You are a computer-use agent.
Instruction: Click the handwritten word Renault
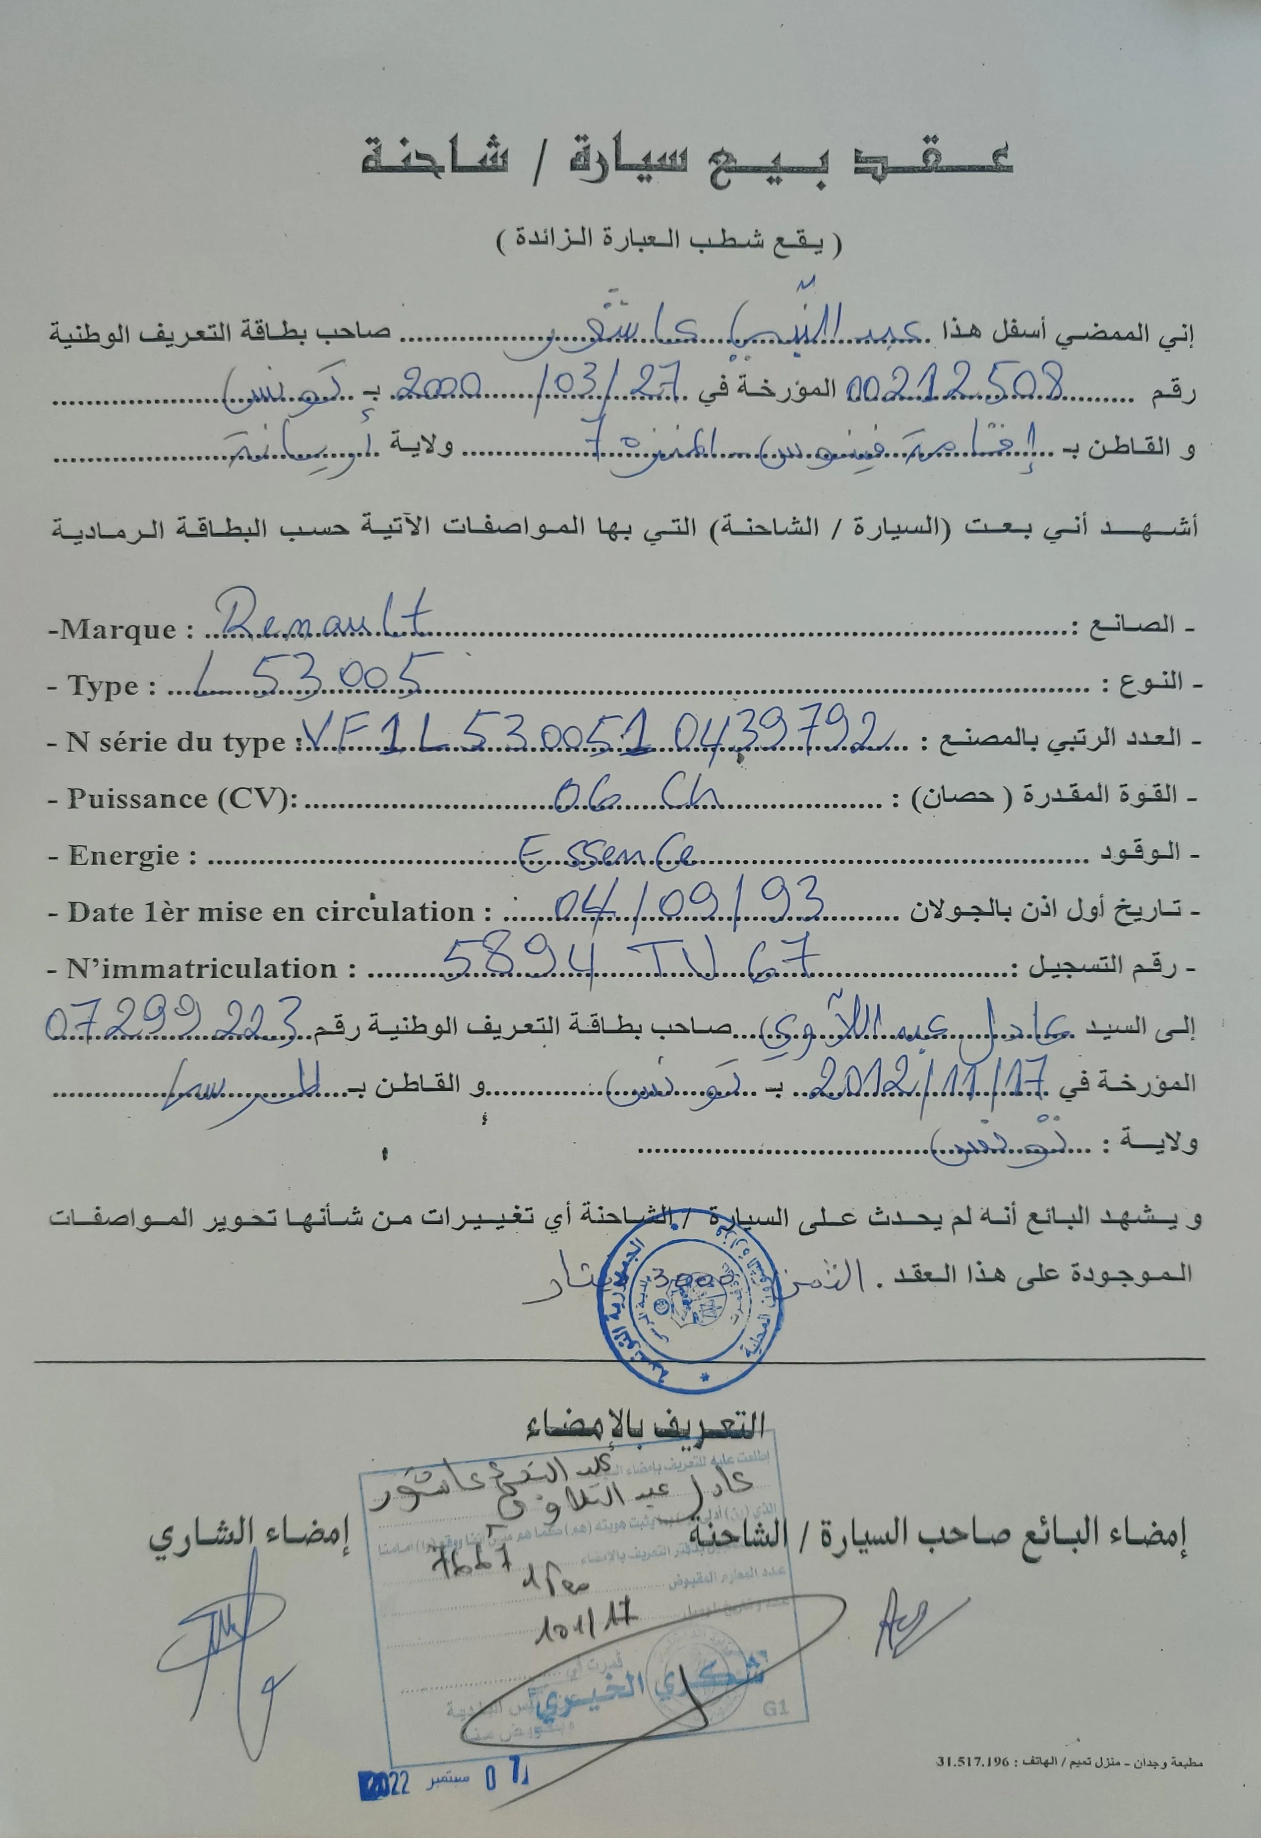(x=324, y=617)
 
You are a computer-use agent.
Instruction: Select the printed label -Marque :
(x=122, y=631)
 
